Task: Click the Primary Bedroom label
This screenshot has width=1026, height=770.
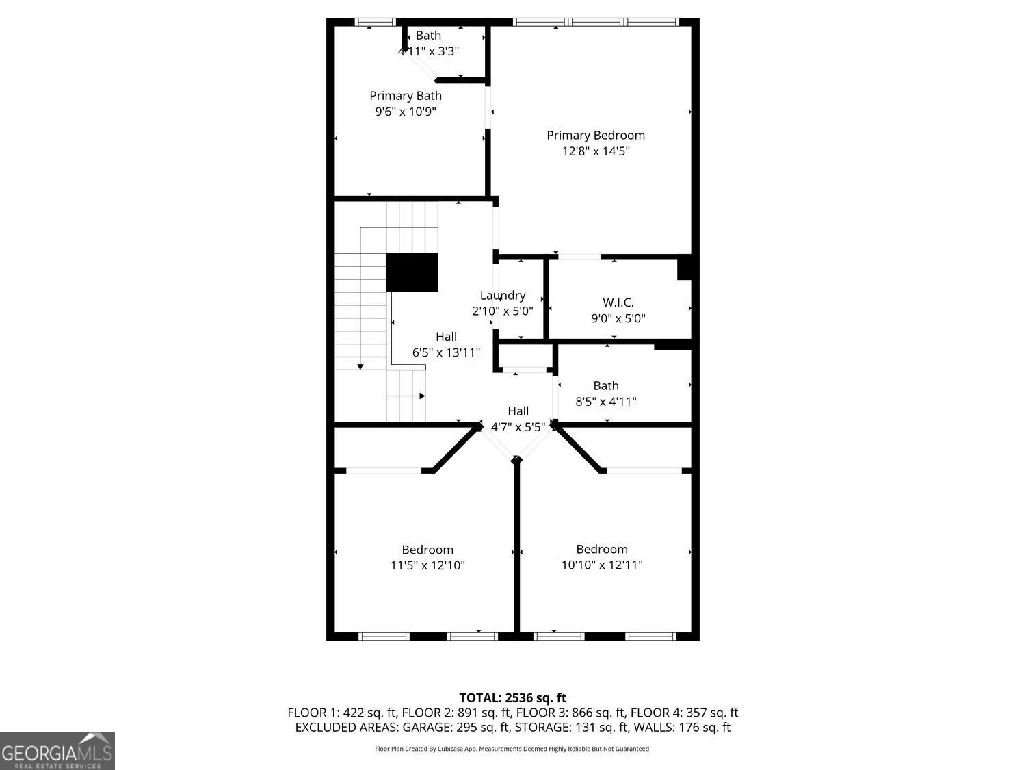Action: coord(595,135)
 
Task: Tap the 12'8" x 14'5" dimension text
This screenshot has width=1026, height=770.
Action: coord(595,151)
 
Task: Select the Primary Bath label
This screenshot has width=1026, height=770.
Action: coord(406,96)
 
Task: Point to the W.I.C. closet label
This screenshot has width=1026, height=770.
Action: coord(618,302)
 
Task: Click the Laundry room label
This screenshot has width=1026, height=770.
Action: coord(503,295)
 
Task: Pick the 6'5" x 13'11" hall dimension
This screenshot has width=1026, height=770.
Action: coord(446,352)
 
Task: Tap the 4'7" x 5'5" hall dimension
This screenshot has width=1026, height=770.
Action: coord(518,427)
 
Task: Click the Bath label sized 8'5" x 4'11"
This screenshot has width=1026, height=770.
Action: coord(606,385)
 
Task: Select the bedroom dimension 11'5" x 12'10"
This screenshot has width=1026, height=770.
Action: coord(428,565)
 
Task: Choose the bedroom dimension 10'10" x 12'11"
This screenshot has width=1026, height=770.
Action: coord(602,565)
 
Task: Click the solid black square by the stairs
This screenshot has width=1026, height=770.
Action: coord(412,272)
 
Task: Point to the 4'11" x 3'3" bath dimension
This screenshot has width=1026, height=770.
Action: coord(428,51)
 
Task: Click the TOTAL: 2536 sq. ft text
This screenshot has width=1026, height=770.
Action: coord(512,697)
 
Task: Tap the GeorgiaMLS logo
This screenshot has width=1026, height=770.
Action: coord(57,751)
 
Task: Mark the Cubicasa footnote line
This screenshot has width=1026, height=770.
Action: coord(512,749)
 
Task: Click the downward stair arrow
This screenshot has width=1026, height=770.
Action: coord(360,368)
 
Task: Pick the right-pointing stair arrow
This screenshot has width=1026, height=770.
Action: coord(421,396)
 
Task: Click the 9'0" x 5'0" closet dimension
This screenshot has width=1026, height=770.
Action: coord(618,318)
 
